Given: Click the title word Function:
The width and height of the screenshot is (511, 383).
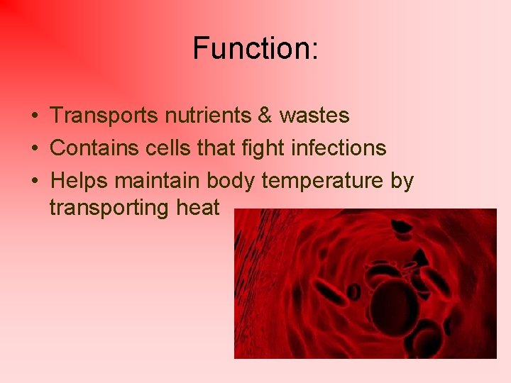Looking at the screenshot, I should coord(255,49).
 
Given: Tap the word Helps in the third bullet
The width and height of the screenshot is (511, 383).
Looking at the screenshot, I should coord(79,181).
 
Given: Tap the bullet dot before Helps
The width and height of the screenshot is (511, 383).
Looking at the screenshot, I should coord(33,182).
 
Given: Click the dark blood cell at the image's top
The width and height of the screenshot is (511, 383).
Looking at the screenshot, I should coord(402,228).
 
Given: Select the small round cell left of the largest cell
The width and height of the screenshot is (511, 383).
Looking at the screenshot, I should coord(353,291).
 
